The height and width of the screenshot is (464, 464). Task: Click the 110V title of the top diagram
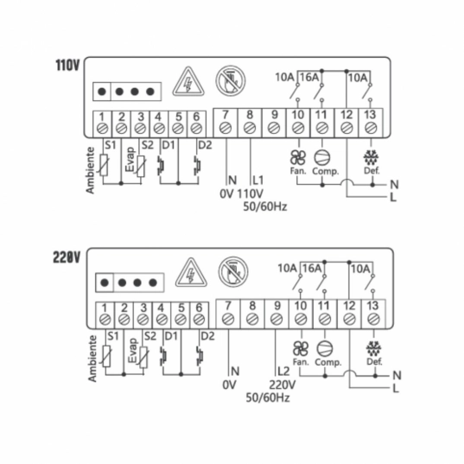click(67, 65)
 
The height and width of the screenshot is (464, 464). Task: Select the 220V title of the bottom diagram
click(67, 257)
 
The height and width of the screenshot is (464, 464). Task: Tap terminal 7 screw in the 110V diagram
click(226, 128)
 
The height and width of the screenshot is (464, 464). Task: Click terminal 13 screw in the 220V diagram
click(373, 320)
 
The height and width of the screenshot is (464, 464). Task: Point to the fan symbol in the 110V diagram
click(298, 157)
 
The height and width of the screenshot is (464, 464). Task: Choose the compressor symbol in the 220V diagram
click(325, 348)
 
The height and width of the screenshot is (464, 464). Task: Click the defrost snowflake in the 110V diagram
click(371, 158)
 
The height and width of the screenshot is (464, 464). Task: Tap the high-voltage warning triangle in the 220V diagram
click(191, 272)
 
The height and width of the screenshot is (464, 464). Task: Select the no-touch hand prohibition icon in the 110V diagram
click(231, 80)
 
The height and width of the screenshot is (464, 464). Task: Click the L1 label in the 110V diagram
click(257, 180)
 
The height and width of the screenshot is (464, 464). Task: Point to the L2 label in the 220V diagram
click(283, 371)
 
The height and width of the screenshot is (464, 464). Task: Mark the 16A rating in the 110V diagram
click(309, 77)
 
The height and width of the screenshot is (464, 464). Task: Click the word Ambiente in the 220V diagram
click(92, 359)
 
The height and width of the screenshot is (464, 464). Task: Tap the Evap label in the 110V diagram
click(130, 160)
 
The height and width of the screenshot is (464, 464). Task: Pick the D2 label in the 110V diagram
click(205, 145)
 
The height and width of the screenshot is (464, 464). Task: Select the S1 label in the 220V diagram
click(112, 336)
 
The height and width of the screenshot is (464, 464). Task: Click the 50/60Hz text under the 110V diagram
click(265, 207)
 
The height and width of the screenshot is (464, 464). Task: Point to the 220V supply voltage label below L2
click(283, 385)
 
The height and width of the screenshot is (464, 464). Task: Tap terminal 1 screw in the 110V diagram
click(102, 129)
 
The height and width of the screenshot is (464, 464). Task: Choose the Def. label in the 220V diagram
click(374, 361)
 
